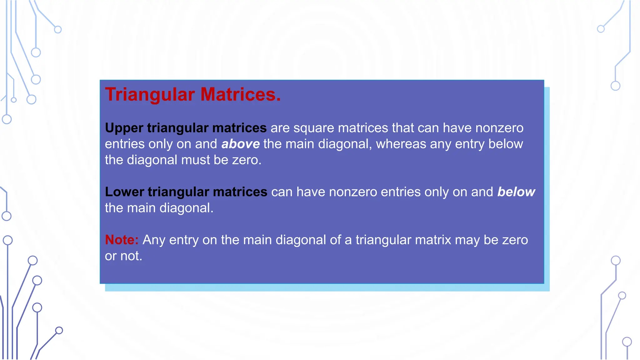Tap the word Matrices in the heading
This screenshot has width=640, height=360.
pos(240,94)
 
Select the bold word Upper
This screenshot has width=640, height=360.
pos(124,128)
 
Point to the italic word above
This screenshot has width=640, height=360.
pos(240,144)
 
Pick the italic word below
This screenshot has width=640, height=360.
pos(516,192)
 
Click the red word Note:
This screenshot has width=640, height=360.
pos(122,240)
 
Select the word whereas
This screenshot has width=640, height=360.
pos(401,144)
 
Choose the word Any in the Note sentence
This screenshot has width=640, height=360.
pos(154,240)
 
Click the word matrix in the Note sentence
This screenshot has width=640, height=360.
pos(433,240)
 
